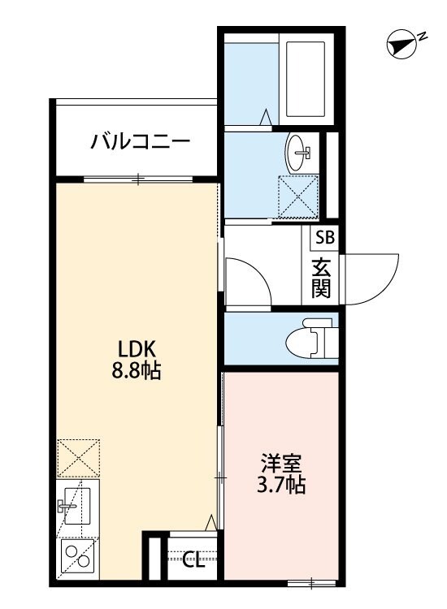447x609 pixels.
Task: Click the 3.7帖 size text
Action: pyautogui.click(x=281, y=487)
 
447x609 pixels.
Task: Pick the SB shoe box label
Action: pyautogui.click(x=324, y=238)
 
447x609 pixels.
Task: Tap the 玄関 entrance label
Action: pyautogui.click(x=322, y=278)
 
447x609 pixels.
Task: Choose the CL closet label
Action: pyautogui.click(x=193, y=558)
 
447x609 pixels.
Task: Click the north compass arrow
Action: pyautogui.click(x=400, y=45)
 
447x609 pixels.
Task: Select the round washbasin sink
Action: pyautogui.click(x=298, y=151)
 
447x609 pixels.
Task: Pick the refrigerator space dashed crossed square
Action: pyautogui.click(x=78, y=458)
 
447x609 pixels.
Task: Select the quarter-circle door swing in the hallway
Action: pyautogui.click(x=245, y=280)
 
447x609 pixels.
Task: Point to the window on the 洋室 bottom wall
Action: pyautogui.click(x=312, y=581)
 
